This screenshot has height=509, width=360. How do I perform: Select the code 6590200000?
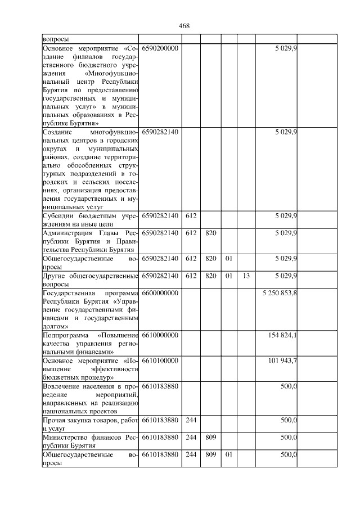(160, 49)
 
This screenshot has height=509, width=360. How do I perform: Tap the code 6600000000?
(160, 294)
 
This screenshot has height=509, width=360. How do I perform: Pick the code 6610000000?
(160, 335)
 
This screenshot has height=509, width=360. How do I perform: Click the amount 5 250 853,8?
(280, 294)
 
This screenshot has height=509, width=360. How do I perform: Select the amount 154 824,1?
(284, 335)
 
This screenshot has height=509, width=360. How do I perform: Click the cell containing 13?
(246, 276)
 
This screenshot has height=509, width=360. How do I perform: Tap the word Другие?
(55, 276)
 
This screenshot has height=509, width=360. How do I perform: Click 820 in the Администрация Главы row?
(210, 233)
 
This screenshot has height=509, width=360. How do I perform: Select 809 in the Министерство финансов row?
(210, 436)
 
